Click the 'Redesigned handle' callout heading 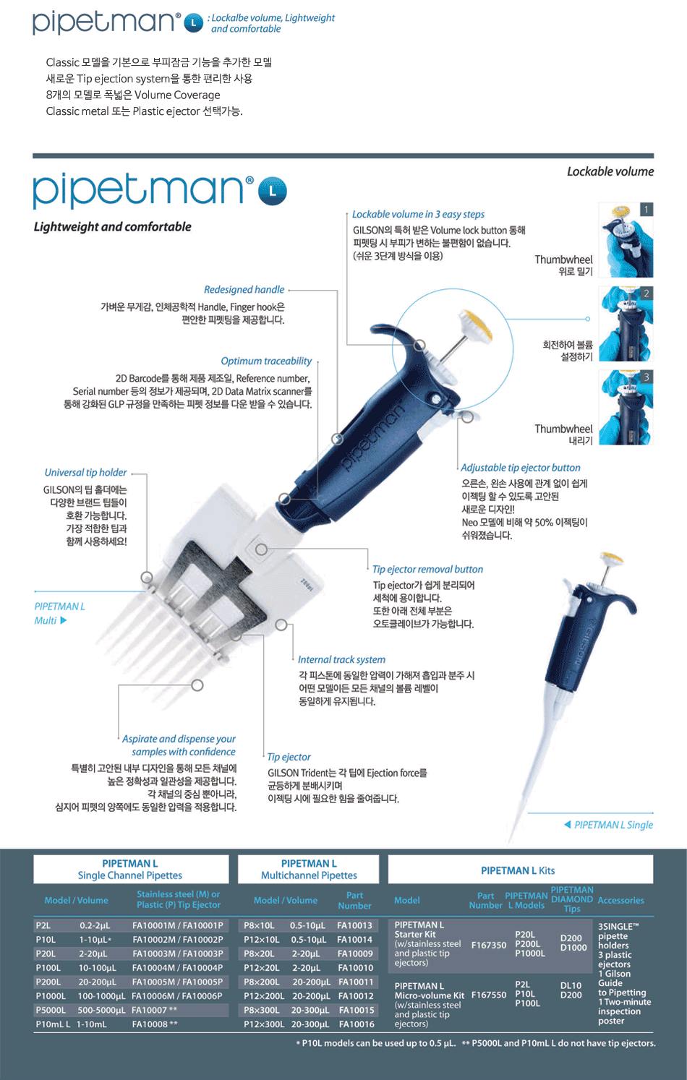pos(244,290)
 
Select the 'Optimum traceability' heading pos(266,361)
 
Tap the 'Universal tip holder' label pos(85,473)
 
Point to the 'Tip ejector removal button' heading pos(427,570)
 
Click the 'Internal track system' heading pos(341,659)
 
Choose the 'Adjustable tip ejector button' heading pos(521,468)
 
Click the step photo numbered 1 pos(626,240)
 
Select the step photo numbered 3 pos(626,408)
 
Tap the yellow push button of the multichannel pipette pos(476,325)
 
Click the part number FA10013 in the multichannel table pos(354,925)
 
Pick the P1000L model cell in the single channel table pos(51,995)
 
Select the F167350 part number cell pos(489,945)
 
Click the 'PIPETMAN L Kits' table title pos(518,870)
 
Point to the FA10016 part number pos(357,1024)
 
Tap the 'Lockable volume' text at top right pos(610,171)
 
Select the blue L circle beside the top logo pos(194,22)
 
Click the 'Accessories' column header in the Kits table pos(621,900)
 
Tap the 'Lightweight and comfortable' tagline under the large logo pos(112,226)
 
